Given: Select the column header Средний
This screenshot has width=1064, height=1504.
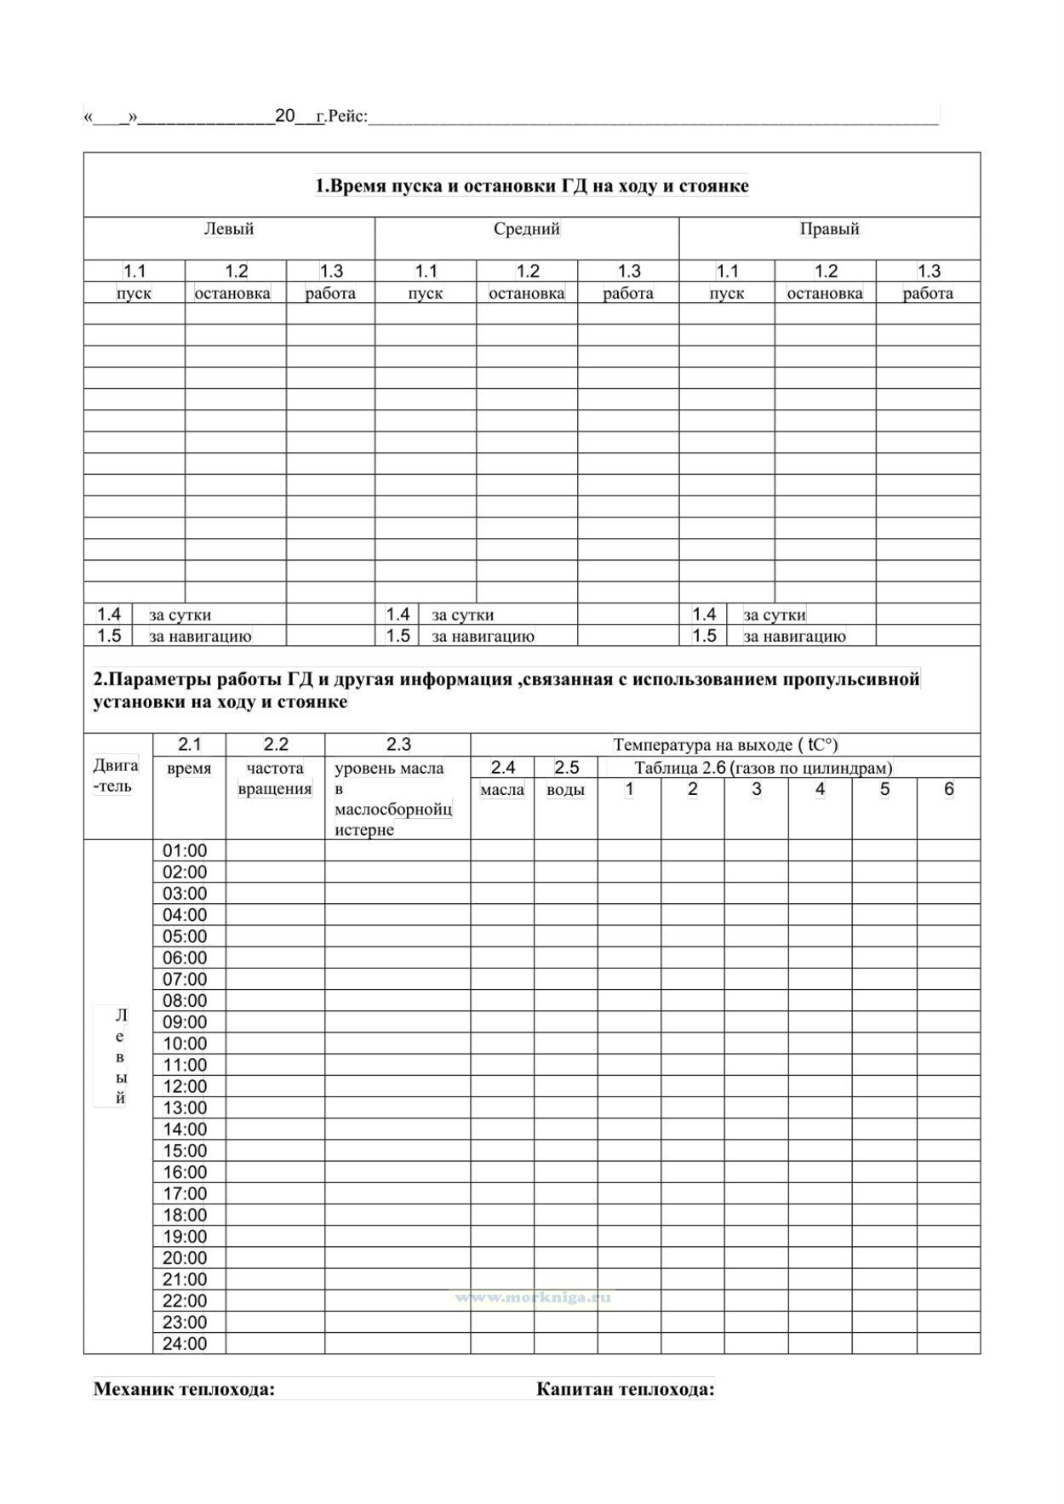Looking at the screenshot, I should coord(527,229).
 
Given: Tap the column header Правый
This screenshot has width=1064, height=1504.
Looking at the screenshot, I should coord(829,229).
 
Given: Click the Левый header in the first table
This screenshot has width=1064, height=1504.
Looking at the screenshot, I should coord(228,229).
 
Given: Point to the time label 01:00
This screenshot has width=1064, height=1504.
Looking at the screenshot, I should coord(185,851).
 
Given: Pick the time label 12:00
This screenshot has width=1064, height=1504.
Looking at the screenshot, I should coord(185,1087).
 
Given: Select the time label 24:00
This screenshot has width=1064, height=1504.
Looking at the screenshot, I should coord(185,1344).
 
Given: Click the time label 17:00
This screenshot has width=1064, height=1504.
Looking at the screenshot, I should coord(185,1194).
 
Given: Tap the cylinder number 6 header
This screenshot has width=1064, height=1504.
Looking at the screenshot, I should coord(948,789).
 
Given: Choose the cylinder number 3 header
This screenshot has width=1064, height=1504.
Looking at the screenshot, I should coord(756,789).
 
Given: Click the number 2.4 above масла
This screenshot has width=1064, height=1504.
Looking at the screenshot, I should coord(502,768).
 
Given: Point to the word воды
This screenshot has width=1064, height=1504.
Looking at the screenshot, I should coord(565,790).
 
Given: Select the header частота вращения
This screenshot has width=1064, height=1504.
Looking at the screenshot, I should coord(275,778).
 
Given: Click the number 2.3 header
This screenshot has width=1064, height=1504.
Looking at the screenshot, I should coord(398,745).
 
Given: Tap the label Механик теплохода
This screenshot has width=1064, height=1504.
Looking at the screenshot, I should coord(184,1390).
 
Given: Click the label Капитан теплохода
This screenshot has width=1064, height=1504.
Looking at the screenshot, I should coord(625,1390).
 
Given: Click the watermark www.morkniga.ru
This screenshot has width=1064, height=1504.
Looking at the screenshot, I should coord(533,1298).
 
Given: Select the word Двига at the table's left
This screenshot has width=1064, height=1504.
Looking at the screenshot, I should coord(115,765).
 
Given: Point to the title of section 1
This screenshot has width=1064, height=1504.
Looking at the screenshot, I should coord(532,186).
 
